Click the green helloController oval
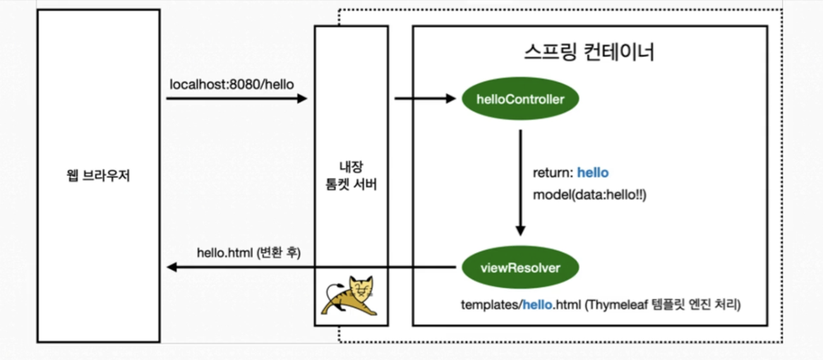click(521, 100)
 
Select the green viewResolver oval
click(521, 268)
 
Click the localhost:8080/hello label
click(232, 84)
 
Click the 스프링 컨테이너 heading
click(589, 53)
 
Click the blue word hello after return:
click(593, 173)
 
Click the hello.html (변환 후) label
click(248, 252)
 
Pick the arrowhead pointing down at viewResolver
click(521, 230)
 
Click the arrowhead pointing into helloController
click(452, 99)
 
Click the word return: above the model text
click(553, 173)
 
